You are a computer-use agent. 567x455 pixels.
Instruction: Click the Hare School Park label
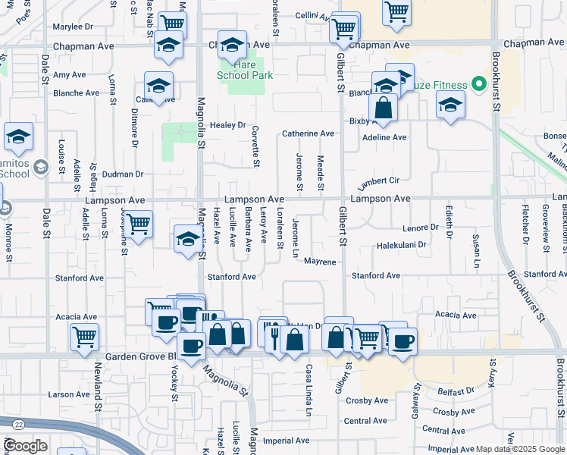[x=244, y=70]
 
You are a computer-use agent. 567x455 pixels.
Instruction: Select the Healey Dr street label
[x=228, y=125]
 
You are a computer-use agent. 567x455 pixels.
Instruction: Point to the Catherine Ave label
[x=308, y=133]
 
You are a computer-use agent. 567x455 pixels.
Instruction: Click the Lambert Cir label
[x=378, y=182]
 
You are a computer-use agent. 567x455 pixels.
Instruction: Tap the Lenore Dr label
[x=421, y=227]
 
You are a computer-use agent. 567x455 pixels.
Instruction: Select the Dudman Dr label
[x=122, y=174]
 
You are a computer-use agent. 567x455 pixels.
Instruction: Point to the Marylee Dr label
[x=73, y=27]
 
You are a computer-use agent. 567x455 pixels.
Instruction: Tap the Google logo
[x=25, y=446]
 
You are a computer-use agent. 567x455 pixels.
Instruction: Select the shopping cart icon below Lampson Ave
[x=138, y=225]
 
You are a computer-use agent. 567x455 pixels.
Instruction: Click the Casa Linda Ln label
[x=309, y=391]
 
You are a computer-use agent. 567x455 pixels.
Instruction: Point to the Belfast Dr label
[x=456, y=391]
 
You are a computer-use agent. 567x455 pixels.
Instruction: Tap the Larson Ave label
[x=68, y=394]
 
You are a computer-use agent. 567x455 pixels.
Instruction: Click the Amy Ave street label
[x=70, y=75]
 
